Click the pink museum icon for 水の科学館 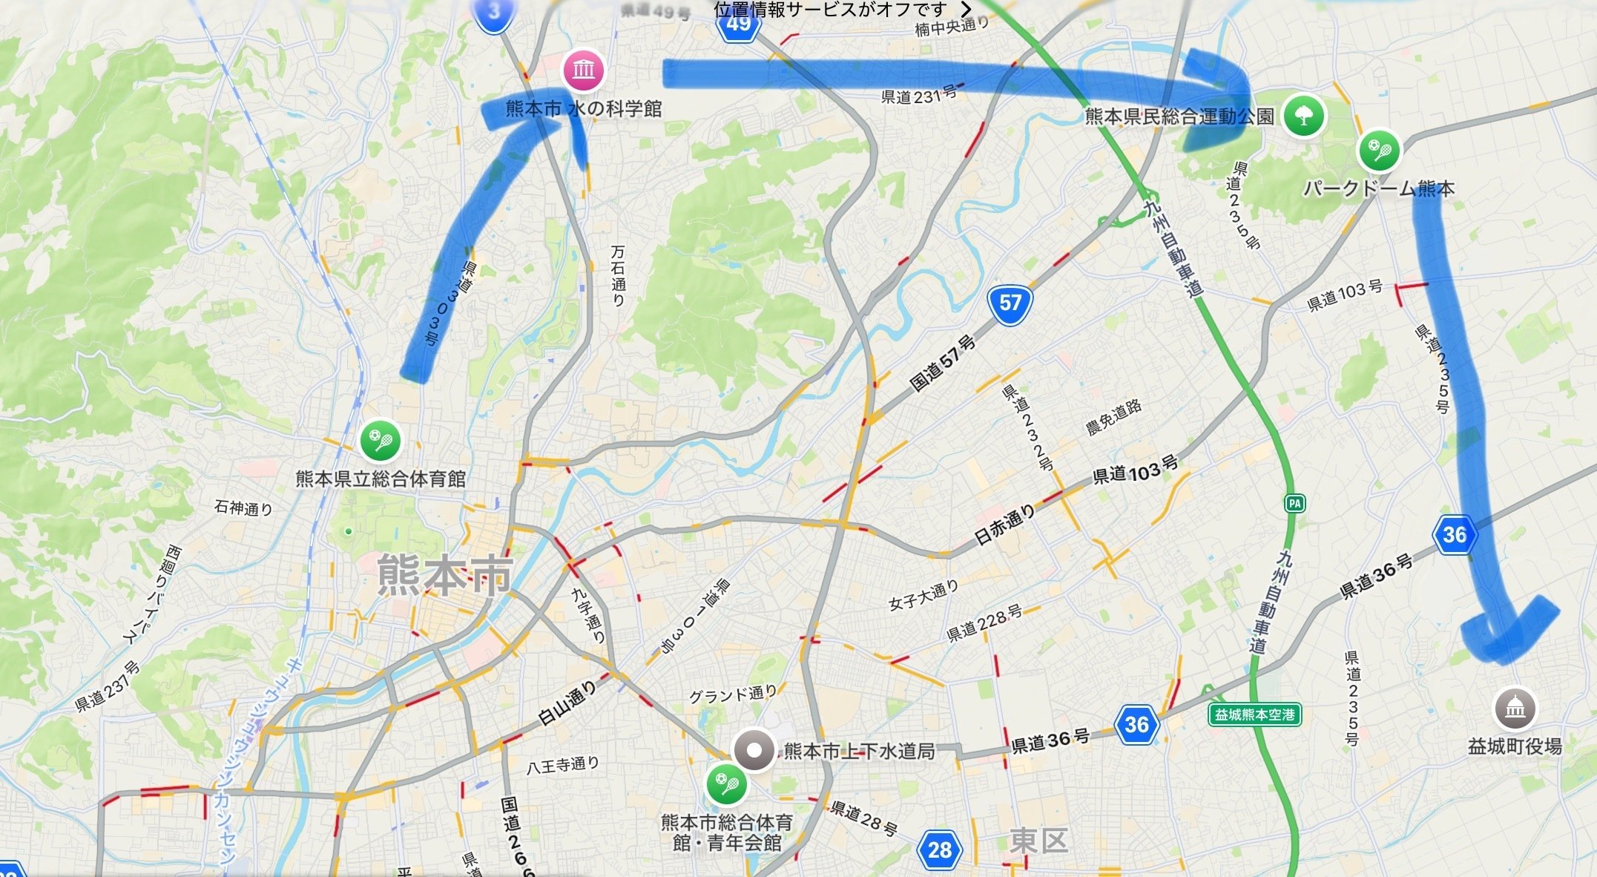pyautogui.click(x=584, y=70)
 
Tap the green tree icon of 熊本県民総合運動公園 pyautogui.click(x=1304, y=116)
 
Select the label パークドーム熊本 pyautogui.click(x=1378, y=188)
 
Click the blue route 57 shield pyautogui.click(x=1010, y=303)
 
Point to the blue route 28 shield pyautogui.click(x=939, y=850)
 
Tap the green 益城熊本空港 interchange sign pyautogui.click(x=1254, y=715)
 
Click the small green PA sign pyautogui.click(x=1294, y=504)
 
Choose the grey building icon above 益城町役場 pyautogui.click(x=1515, y=709)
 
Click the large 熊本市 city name pyautogui.click(x=444, y=575)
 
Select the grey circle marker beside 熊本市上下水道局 pyautogui.click(x=754, y=750)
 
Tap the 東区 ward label pyautogui.click(x=1038, y=841)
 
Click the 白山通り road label pyautogui.click(x=567, y=703)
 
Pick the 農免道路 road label pyautogui.click(x=1113, y=417)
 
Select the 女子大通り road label pyautogui.click(x=923, y=595)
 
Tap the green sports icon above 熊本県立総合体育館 pyautogui.click(x=381, y=441)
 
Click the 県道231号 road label pyautogui.click(x=918, y=96)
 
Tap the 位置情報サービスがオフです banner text pyautogui.click(x=830, y=9)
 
